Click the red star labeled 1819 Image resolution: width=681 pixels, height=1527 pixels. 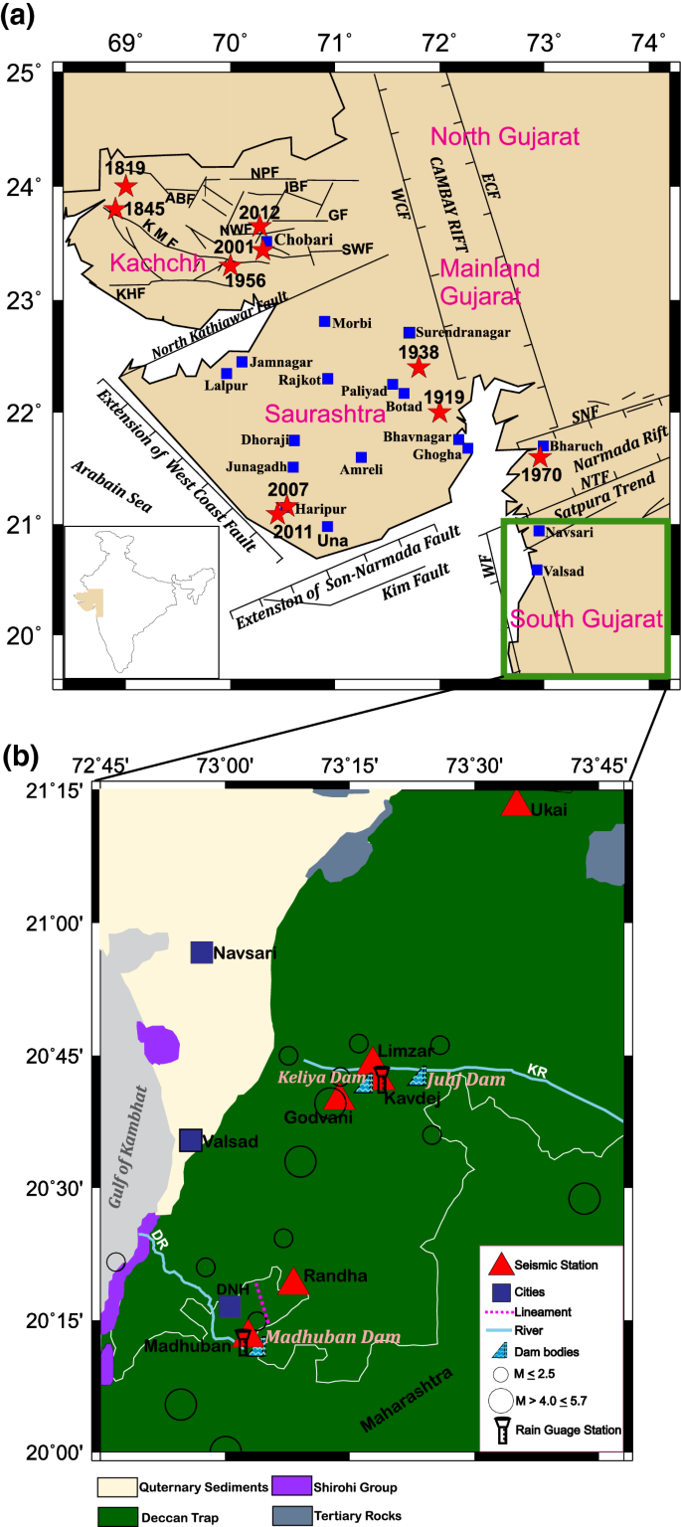[125, 186]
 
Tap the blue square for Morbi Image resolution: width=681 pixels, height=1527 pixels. [324, 321]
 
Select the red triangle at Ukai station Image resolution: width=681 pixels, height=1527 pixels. [516, 804]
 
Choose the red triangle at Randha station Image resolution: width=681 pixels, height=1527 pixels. [293, 1281]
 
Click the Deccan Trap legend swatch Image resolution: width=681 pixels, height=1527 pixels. [116, 1517]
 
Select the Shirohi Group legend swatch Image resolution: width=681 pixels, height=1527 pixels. [289, 1488]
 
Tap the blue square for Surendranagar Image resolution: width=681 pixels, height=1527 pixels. [409, 332]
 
